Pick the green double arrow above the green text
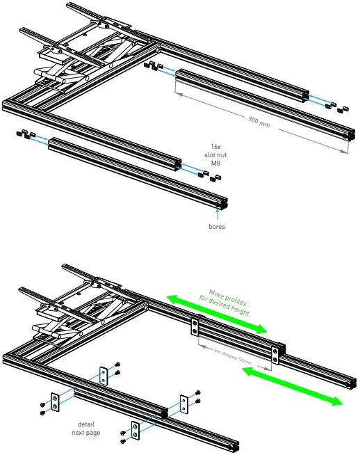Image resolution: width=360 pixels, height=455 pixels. pyautogui.click(x=215, y=312)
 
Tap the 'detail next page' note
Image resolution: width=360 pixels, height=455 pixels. pyautogui.click(x=85, y=426)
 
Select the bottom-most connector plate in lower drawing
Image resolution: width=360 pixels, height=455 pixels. pyautogui.click(x=136, y=431)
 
